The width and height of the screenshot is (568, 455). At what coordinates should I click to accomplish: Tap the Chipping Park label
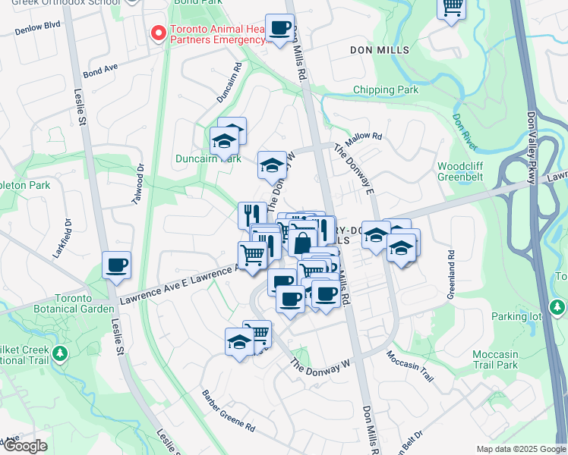tap(386, 90)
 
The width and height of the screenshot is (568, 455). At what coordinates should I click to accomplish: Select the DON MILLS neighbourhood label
tap(379, 50)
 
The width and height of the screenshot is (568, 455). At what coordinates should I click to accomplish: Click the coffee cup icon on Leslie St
tap(116, 266)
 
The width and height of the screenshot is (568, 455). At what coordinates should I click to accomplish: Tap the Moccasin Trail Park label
tap(505, 359)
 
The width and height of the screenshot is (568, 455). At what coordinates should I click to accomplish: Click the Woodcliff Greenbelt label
tap(461, 173)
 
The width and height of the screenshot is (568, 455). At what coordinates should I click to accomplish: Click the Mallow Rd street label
tap(363, 140)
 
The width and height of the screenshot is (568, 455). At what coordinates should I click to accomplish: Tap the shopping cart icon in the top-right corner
tap(452, 7)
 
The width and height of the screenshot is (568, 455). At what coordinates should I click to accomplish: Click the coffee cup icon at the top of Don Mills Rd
tap(279, 29)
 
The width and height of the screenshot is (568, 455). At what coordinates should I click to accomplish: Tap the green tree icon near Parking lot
tap(558, 307)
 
